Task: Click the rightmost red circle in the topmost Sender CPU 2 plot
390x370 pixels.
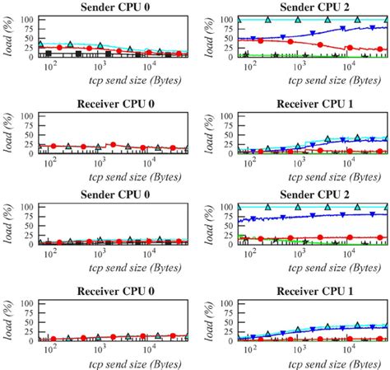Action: click(x=380, y=49)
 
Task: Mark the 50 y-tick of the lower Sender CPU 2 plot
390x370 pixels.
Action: click(x=227, y=226)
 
